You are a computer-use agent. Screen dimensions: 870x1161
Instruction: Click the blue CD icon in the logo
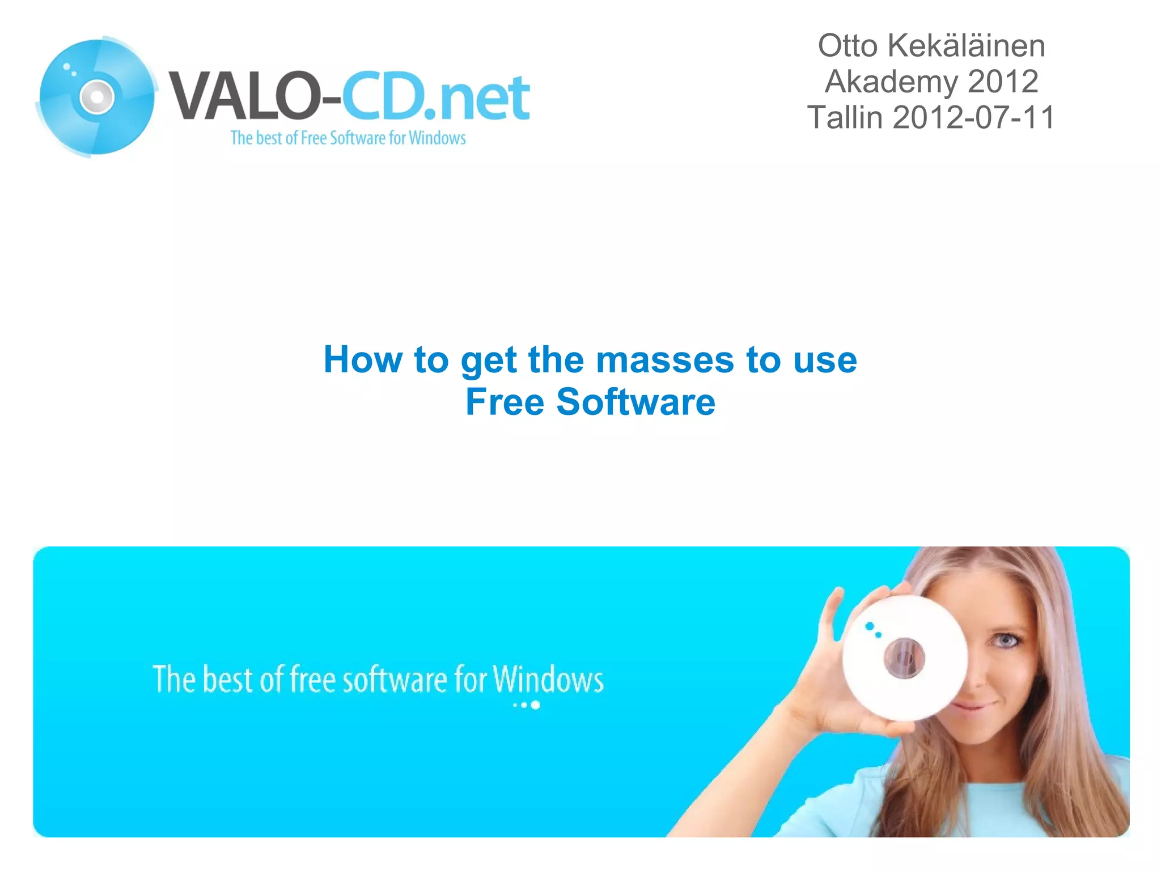coord(96,96)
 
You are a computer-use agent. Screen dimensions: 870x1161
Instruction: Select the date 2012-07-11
coord(973,117)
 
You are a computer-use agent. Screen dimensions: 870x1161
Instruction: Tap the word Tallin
coord(845,117)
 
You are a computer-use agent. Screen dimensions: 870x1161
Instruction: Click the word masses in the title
coord(665,360)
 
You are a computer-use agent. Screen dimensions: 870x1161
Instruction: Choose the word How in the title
coord(362,360)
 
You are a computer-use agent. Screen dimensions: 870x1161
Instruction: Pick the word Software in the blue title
coord(635,402)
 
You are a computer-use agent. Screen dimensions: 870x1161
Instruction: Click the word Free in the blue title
coord(505,402)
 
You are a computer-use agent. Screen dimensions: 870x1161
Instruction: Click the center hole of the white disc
coord(904,657)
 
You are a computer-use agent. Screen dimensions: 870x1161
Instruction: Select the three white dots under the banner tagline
coord(527,705)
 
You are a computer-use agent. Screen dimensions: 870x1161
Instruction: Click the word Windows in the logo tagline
coord(437,138)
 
